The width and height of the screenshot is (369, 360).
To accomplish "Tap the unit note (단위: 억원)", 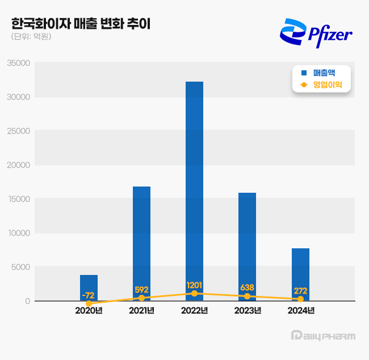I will click(31, 37).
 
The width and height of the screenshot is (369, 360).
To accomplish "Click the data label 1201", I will click(194, 285).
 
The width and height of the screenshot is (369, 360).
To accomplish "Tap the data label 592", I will click(141, 290).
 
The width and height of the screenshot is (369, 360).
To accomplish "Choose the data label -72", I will click(89, 295).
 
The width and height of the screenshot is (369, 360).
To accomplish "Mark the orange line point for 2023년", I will click(247, 297).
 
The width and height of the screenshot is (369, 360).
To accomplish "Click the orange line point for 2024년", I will click(300, 299).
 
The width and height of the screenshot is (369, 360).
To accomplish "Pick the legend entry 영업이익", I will click(323, 85).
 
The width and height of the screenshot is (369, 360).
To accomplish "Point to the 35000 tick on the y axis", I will click(19, 63).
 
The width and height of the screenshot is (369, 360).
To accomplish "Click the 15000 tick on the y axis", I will click(19, 199).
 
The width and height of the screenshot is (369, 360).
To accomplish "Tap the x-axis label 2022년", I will click(194, 311).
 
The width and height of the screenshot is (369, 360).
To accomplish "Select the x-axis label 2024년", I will click(300, 311).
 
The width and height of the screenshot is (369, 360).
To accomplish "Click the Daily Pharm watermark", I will click(322, 336).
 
